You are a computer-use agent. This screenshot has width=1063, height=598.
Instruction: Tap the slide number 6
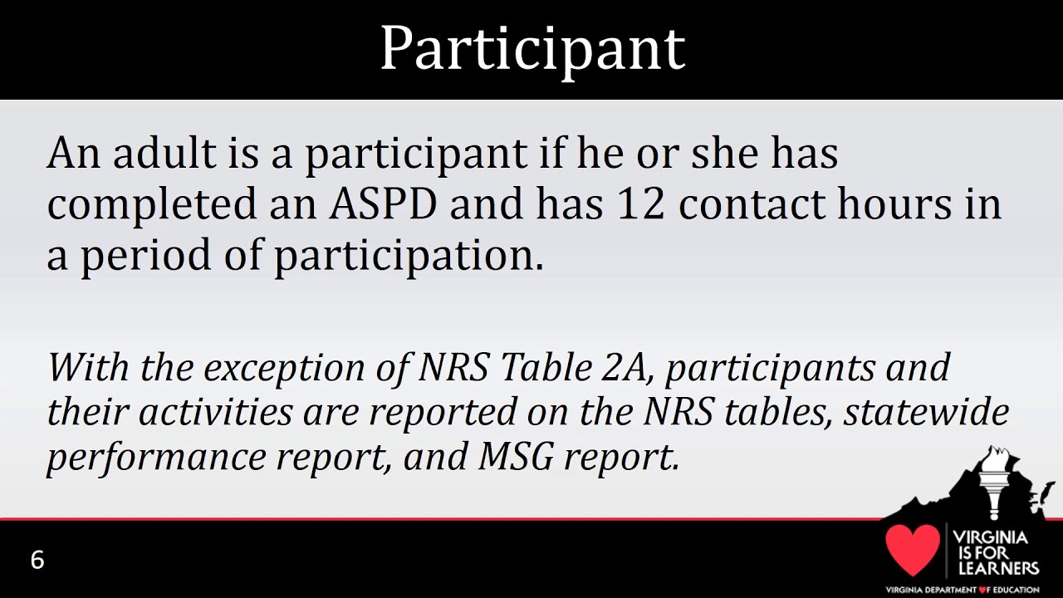point(37,560)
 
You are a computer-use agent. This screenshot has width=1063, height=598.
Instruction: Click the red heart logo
point(912,549)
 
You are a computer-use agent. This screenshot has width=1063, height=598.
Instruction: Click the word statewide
point(926,412)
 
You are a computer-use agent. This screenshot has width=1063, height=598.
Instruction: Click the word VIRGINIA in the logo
point(990,537)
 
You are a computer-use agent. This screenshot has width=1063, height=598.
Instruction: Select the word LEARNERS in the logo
point(997,569)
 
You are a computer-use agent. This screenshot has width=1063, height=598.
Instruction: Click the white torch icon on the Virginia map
point(992,486)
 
